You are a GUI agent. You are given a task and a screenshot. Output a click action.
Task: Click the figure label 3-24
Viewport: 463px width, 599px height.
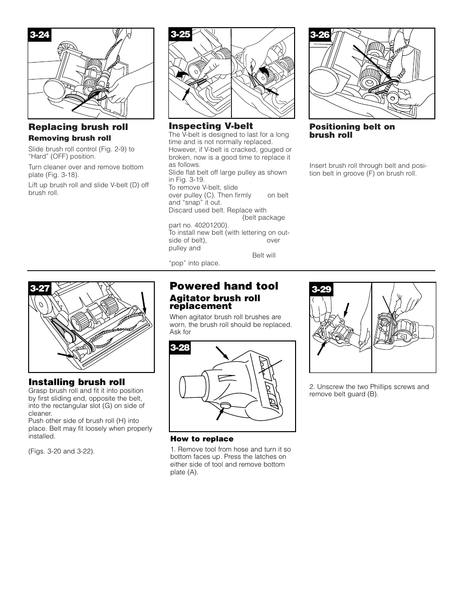point(40,35)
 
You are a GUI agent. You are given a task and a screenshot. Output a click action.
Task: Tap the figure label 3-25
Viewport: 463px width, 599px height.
point(180,34)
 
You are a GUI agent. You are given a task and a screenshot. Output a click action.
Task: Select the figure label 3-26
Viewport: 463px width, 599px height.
point(320,34)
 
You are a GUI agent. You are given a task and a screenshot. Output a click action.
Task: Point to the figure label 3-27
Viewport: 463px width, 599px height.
point(40,289)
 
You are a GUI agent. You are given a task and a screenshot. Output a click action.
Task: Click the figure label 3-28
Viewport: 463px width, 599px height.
point(180,348)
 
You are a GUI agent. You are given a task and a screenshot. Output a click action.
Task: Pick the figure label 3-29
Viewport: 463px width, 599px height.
point(321,290)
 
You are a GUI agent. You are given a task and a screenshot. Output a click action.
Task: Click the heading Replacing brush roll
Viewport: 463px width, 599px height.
point(78,127)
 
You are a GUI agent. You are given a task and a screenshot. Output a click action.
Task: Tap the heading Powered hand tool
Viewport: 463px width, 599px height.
point(224,286)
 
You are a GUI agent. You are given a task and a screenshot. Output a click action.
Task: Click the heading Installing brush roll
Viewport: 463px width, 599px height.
point(77,382)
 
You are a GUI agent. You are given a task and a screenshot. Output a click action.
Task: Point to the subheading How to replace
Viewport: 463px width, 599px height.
point(201,439)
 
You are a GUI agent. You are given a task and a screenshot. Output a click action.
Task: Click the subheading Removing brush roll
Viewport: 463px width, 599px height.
point(69,138)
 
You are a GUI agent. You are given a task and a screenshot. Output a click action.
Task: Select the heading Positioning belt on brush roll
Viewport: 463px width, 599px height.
point(352,131)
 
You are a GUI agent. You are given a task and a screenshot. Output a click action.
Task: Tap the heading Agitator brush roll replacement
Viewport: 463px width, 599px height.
point(215,302)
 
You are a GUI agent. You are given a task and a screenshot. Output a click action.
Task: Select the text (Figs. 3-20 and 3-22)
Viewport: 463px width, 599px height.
point(62,451)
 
